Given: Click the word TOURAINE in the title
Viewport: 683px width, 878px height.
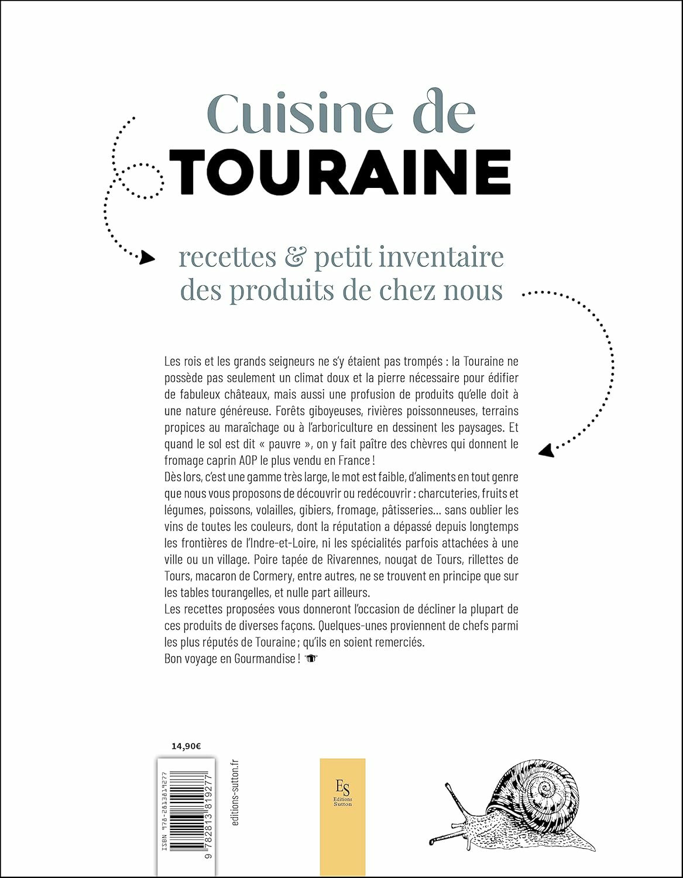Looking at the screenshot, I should tap(343, 172).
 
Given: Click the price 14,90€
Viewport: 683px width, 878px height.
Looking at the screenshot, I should tap(186, 746).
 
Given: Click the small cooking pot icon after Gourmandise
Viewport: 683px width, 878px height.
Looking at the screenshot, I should tap(311, 658).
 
